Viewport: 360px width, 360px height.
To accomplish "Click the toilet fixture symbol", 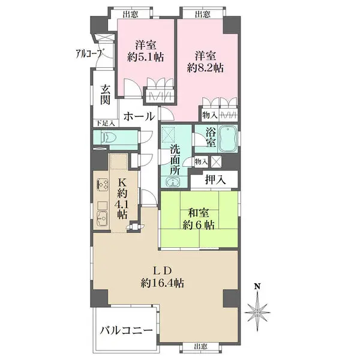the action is point(108,137).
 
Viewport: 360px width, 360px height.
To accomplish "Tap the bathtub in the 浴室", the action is point(227,139).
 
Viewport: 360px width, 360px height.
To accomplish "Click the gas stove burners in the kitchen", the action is point(103,184).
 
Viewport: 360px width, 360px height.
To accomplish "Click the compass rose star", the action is point(257,313).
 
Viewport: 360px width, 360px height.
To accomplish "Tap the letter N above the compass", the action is point(257,286).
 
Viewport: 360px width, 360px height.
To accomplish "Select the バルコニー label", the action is point(126,331).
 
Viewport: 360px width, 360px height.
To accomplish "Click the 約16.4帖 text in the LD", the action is point(163,283).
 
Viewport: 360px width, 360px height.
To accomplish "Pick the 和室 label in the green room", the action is point(199,213).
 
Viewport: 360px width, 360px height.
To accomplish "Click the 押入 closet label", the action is point(215,179).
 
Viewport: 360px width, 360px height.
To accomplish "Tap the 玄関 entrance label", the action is point(106,95).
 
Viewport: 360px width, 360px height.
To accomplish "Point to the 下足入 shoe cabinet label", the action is point(106,123).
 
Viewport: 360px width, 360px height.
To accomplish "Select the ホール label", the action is point(139,116).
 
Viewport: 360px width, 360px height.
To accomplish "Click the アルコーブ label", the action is point(89,54).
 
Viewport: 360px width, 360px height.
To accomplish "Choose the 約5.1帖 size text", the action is point(146,57).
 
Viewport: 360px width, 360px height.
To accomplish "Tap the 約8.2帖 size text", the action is point(205,68).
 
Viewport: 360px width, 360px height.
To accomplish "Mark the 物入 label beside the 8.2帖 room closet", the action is point(210,115).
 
